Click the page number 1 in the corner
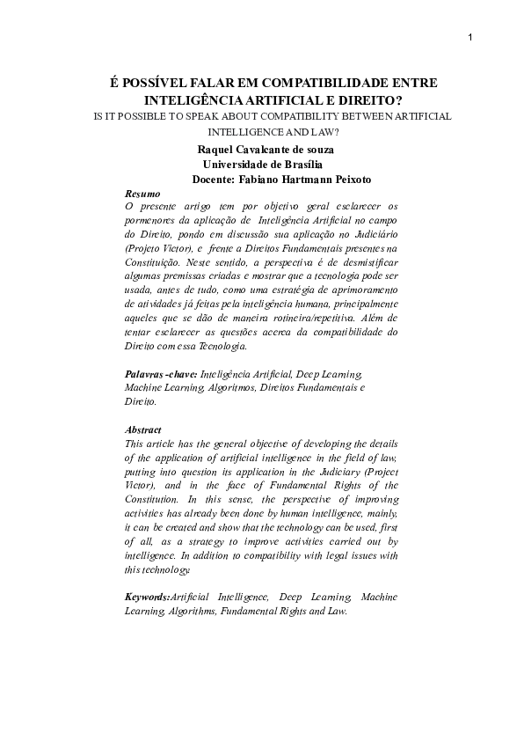[470, 36]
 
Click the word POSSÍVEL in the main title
[154, 82]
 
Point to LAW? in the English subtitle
[327, 132]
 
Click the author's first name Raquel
[218, 150]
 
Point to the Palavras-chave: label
[162, 374]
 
